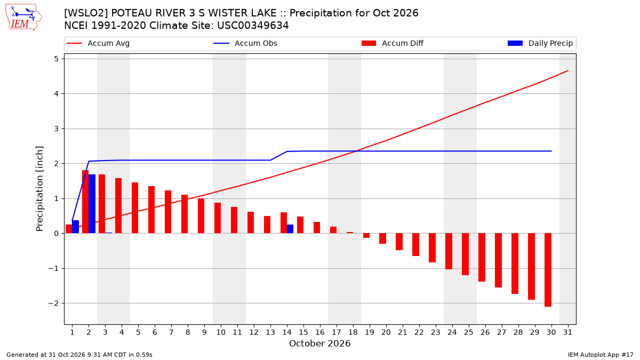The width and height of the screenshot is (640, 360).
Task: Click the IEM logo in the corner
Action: tap(23, 18)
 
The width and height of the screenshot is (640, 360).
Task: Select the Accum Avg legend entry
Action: tap(98, 43)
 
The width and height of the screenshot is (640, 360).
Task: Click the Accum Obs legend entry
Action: tap(245, 43)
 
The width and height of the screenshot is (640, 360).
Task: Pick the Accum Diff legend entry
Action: tap(393, 43)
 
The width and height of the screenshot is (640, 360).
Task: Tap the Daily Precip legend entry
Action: tap(540, 43)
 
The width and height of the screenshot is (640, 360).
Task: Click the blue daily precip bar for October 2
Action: tap(92, 204)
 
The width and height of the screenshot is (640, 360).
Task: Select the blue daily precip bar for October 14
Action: tap(290, 229)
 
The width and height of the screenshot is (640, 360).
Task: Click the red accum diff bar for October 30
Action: tap(548, 270)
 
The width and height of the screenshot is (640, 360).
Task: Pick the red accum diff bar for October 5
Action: tap(135, 207)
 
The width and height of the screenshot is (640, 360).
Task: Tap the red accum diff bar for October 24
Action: tap(449, 251)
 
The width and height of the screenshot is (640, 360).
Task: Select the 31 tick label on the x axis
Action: tap(567, 332)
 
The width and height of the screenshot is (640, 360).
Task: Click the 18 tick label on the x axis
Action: tap(353, 332)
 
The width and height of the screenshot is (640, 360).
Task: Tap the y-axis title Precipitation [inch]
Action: tap(39, 189)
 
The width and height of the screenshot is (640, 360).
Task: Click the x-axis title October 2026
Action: tap(319, 343)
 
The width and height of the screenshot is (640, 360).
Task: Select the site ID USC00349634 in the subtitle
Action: tap(253, 26)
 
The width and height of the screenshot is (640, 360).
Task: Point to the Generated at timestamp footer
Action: tap(79, 355)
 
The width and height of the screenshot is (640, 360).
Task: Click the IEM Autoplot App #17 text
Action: tap(601, 355)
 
